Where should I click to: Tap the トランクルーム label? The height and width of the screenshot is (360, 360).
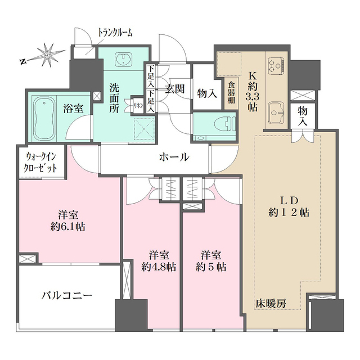tap(115, 33)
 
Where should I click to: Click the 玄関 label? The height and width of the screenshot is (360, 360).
tap(174, 89)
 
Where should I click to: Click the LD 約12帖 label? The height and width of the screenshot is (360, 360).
tap(289, 207)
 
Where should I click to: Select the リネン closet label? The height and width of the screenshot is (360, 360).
tap(137, 105)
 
